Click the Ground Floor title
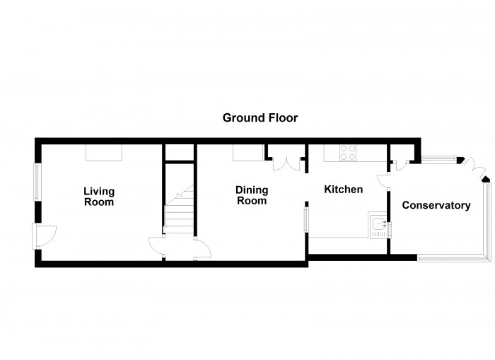(260, 118)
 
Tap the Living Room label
(99, 197)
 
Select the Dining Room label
(252, 195)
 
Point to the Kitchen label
(344, 190)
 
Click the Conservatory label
(436, 205)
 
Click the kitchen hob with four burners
(348, 153)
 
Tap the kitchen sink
(378, 225)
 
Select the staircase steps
(180, 210)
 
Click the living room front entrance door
(44, 236)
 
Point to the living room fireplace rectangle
(104, 153)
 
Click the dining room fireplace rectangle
(248, 153)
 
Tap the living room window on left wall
(37, 182)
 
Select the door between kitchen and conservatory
(383, 182)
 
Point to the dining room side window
(306, 219)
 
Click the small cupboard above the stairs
(180, 153)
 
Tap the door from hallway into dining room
(203, 248)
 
